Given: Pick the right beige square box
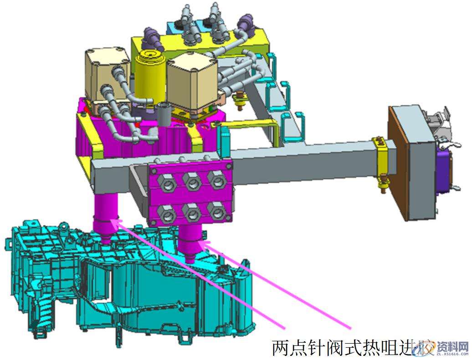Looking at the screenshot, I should point(191,80).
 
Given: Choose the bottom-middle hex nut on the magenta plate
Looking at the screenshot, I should point(192,212).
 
